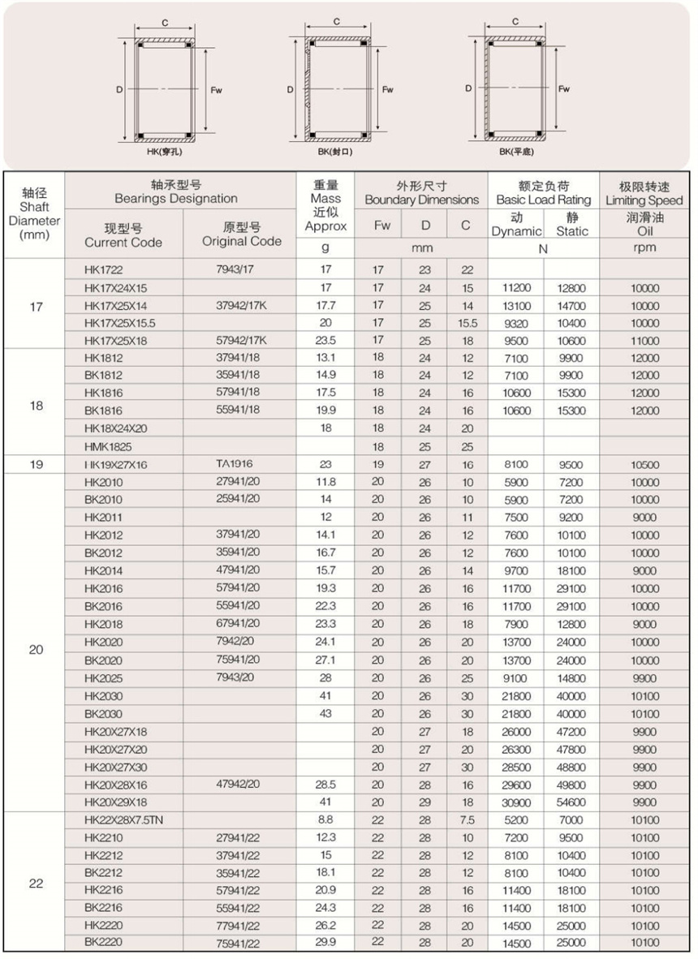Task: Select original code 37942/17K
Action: point(242,306)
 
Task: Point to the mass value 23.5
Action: point(325,341)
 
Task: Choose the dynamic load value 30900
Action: point(516,802)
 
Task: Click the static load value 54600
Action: point(571,802)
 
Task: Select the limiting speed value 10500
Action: point(645,466)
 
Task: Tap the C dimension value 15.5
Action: point(467,323)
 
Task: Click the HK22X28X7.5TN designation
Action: point(124,820)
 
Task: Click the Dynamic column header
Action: point(516,225)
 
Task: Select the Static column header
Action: point(572,225)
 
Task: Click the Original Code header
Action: point(242,234)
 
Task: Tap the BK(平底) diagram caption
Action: point(516,151)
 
